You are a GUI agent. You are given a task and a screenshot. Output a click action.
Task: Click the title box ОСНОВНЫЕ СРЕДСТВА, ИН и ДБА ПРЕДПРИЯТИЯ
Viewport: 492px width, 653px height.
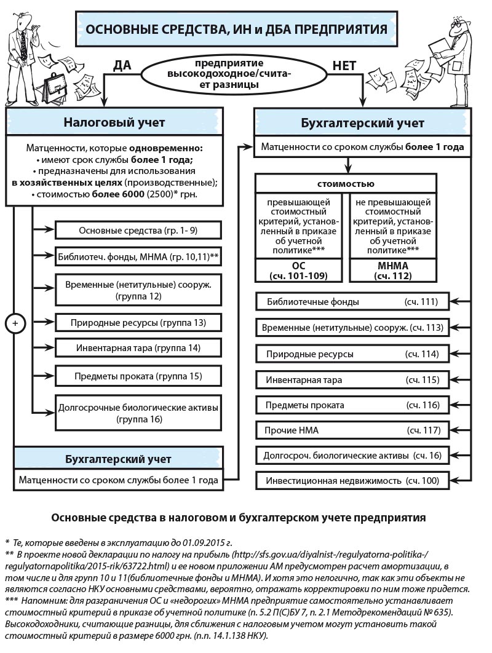point(236,29)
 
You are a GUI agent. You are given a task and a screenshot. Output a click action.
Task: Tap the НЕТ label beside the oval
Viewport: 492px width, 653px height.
point(345,66)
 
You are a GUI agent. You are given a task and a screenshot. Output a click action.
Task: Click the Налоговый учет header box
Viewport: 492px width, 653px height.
point(114,122)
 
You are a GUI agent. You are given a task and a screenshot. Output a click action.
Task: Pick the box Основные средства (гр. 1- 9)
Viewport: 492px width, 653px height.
point(138,231)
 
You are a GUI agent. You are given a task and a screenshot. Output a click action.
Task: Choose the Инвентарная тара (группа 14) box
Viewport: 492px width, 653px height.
point(138,347)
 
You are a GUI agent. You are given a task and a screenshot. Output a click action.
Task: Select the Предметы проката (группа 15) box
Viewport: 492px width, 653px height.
point(138,375)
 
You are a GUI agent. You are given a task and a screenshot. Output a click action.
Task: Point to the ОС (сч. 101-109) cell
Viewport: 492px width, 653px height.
point(301,271)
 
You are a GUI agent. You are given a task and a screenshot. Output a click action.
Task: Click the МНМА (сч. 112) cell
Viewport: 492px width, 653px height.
point(395,271)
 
